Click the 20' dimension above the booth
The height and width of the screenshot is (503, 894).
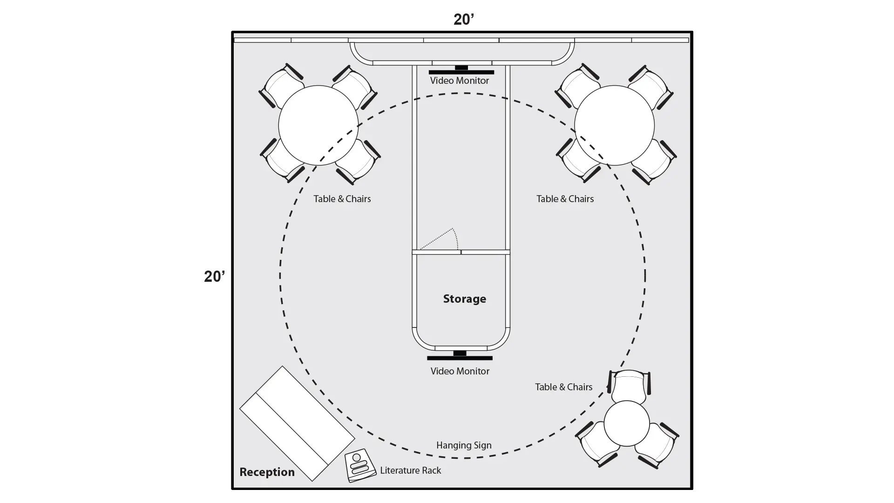tap(464, 20)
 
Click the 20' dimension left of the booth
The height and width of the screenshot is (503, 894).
tap(215, 277)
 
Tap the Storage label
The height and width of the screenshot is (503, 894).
tap(464, 299)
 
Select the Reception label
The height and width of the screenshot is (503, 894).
tap(267, 472)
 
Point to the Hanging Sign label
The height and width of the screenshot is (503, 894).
tap(464, 445)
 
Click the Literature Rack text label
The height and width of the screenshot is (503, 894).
tap(410, 470)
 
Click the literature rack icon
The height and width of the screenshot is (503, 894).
tap(360, 465)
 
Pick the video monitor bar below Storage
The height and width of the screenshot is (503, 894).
tap(460, 358)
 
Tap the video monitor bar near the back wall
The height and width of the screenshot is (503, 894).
tap(461, 72)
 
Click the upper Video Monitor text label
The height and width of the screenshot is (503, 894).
tap(460, 81)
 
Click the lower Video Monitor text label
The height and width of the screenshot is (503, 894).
tap(460, 371)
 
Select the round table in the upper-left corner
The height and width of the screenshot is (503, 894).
tap(318, 125)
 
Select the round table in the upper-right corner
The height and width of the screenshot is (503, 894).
tap(614, 125)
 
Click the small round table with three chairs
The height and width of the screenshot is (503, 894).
tap(626, 424)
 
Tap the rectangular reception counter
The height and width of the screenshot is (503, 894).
tap(297, 423)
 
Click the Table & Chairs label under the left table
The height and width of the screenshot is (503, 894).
tap(342, 199)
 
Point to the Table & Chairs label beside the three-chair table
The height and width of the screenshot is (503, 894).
tap(563, 387)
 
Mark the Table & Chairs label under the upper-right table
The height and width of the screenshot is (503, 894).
tap(565, 199)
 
